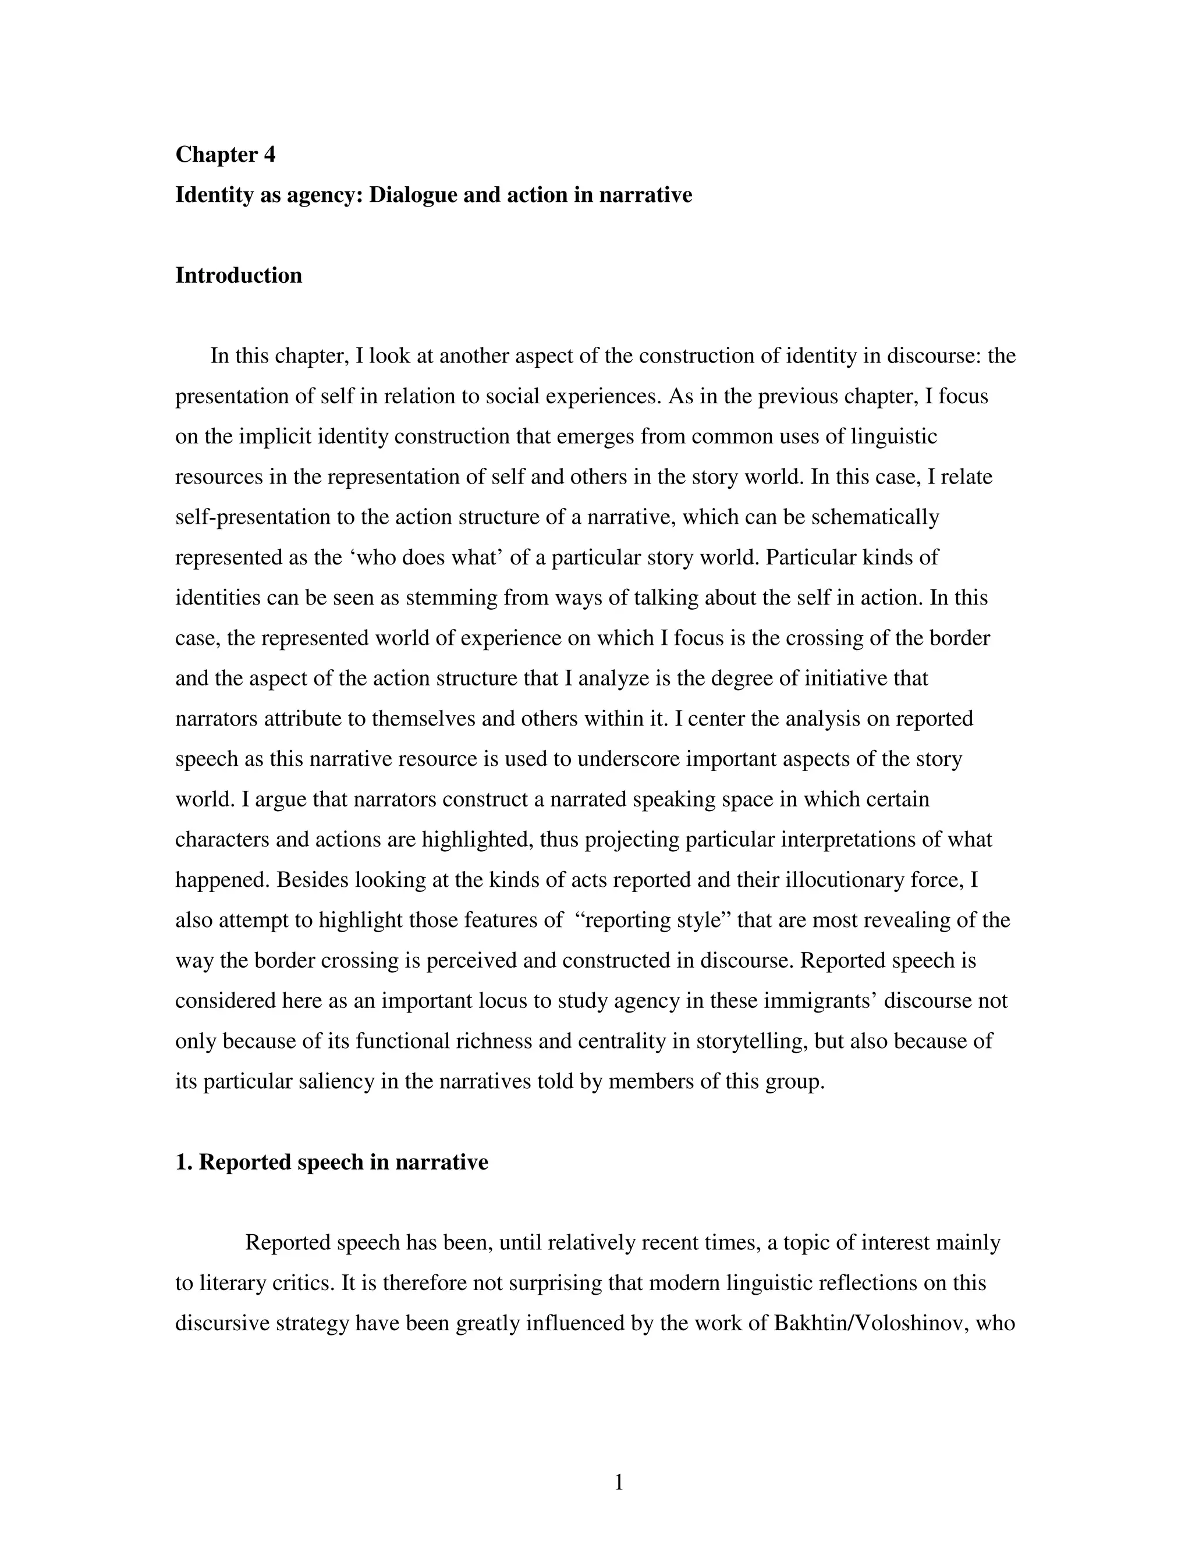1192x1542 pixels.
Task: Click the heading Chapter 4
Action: pos(225,154)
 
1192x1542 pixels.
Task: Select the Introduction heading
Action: pos(238,275)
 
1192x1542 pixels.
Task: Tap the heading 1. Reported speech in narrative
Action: pos(331,1162)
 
